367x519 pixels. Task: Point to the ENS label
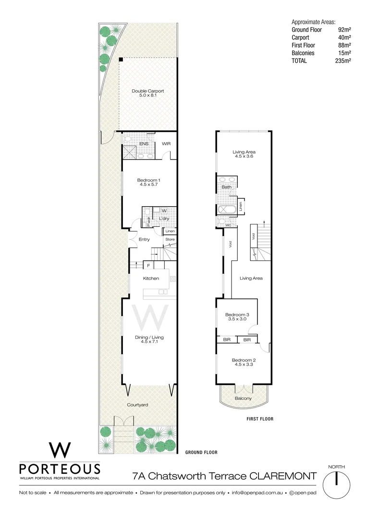point(144,143)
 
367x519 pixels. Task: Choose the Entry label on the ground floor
point(144,239)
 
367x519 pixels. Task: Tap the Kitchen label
point(151,278)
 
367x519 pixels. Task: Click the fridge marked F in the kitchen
point(149,265)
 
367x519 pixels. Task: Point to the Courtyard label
point(137,405)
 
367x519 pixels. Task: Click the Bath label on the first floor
point(227,187)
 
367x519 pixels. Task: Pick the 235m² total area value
point(343,61)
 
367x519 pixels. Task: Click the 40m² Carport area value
point(344,37)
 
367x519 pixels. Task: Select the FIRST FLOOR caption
point(260,419)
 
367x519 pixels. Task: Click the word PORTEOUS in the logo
point(60,469)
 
